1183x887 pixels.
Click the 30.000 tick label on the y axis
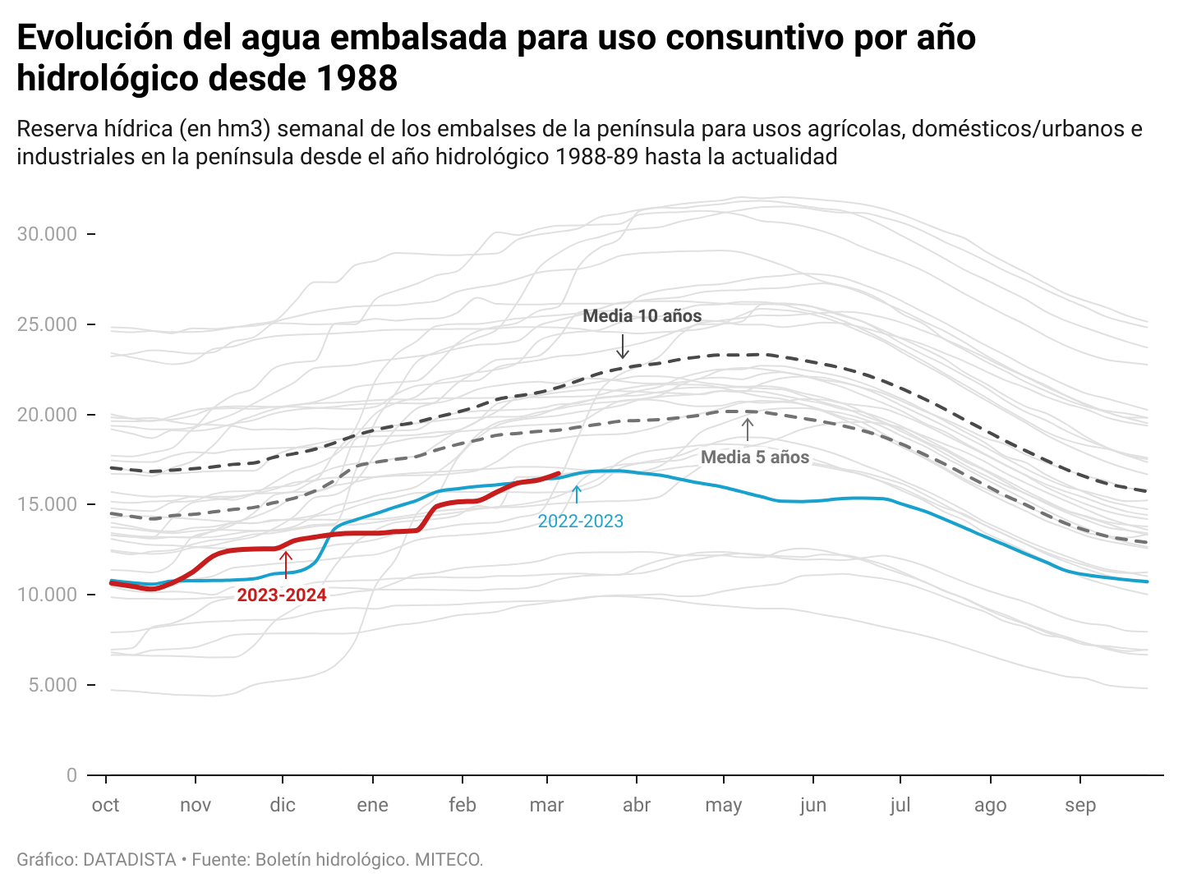coord(47,234)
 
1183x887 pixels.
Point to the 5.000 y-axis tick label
coord(52,685)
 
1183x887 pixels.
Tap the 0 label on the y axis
coord(72,774)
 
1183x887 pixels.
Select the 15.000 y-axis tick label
coord(47,504)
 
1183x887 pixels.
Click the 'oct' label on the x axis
coord(106,805)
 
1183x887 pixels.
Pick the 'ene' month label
coord(372,805)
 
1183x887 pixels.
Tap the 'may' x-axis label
coord(723,805)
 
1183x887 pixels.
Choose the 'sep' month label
coord(1080,805)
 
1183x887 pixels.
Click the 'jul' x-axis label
coord(900,805)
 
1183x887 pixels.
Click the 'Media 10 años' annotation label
coord(642,316)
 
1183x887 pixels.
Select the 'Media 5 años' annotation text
coord(755,457)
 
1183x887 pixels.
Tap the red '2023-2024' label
coord(282,595)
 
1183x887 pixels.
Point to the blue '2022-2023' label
coord(580,522)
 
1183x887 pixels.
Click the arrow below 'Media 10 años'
coord(623,346)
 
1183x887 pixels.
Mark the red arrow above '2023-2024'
coord(285,564)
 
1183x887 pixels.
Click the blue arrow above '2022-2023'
coord(576,494)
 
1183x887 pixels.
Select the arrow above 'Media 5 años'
coord(747,430)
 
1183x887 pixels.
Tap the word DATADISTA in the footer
coord(130,860)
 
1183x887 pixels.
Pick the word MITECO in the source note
coord(449,860)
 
